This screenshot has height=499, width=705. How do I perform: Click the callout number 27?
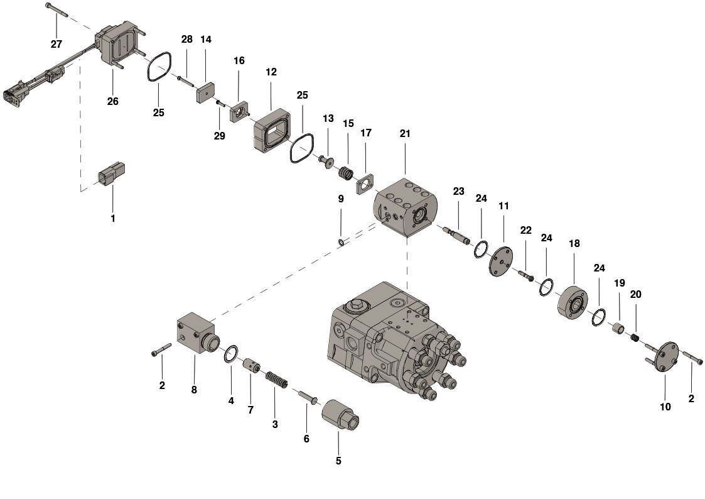click(x=57, y=43)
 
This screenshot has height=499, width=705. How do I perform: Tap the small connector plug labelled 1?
click(x=112, y=175)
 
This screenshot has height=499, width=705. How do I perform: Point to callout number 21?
click(x=405, y=134)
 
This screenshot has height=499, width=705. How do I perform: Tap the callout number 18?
click(x=574, y=243)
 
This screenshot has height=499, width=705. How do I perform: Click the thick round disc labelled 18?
click(x=572, y=302)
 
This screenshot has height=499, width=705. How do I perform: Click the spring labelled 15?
click(x=347, y=172)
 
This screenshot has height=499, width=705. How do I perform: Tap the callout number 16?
click(x=239, y=60)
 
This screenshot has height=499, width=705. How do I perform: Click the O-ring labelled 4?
click(x=230, y=354)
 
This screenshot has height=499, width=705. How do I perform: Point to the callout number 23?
click(x=459, y=191)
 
